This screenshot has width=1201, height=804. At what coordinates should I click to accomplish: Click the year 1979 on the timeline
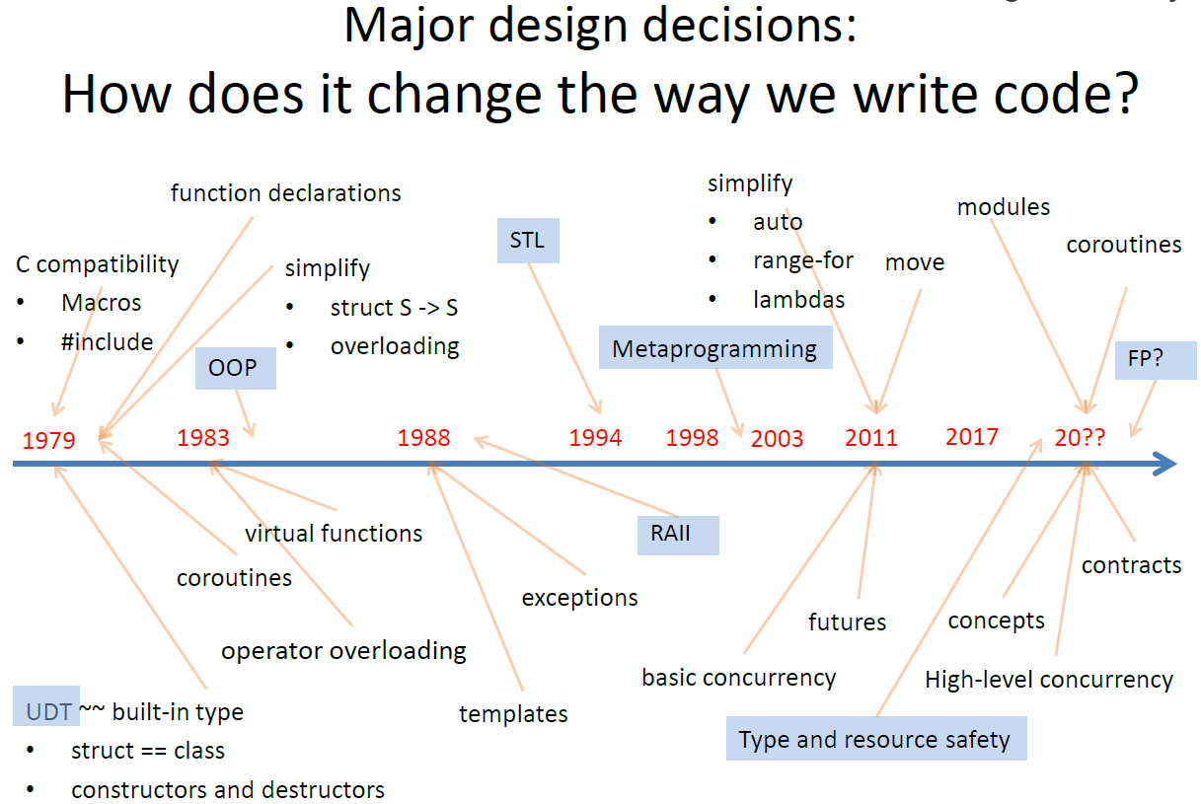[48, 440]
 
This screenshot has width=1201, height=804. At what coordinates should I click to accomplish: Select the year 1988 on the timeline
[423, 437]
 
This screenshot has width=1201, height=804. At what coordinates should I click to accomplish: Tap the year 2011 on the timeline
[871, 437]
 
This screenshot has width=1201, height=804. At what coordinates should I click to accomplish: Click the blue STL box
[528, 240]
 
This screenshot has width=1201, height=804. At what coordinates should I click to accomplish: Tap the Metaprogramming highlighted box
[714, 348]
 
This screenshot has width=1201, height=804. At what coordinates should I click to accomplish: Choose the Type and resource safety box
[874, 739]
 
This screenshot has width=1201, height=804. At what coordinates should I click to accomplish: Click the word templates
[513, 713]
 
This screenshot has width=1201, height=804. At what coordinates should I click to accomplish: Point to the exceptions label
[579, 597]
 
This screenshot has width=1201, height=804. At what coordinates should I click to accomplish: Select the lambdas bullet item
[798, 299]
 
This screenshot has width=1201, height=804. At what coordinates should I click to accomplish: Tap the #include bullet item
[107, 342]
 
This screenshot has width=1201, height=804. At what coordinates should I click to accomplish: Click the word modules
[1004, 206]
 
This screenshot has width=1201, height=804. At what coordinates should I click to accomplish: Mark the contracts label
[1131, 565]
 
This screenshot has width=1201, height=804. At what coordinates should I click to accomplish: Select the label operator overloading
[343, 650]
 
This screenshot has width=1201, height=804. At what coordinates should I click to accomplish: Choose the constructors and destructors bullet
[228, 790]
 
